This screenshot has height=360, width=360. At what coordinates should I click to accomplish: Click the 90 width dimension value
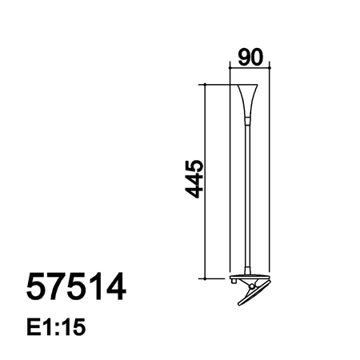(251, 58)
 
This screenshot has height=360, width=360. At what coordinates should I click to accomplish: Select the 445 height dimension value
(191, 182)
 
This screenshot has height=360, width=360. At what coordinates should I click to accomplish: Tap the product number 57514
(76, 286)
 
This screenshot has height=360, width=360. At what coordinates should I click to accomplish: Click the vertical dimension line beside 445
(207, 182)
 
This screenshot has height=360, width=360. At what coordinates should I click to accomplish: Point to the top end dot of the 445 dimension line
(207, 83)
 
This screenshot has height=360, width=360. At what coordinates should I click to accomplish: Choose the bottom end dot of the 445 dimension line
(207, 278)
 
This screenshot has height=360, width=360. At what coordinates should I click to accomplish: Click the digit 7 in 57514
(57, 286)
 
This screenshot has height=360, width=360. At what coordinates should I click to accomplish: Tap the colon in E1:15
(58, 328)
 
